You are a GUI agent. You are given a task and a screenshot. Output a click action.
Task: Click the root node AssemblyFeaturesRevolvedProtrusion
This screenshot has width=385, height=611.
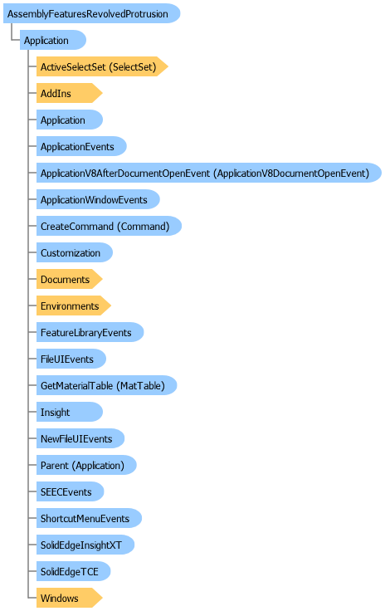pyautogui.click(x=91, y=13)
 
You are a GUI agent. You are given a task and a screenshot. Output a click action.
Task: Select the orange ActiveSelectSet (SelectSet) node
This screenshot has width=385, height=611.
pyautogui.click(x=102, y=66)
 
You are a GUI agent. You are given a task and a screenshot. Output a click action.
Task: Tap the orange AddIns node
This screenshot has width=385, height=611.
pyautogui.click(x=70, y=93)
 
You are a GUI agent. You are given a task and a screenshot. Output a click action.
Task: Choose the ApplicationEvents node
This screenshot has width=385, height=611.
pyautogui.click(x=81, y=146)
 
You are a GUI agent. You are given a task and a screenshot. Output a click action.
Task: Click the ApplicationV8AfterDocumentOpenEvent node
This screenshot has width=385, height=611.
pyautogui.click(x=208, y=173)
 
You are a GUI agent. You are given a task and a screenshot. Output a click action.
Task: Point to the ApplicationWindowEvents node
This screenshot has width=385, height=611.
pyautogui.click(x=98, y=199)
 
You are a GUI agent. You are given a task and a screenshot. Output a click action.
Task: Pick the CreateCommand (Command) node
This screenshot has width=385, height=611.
pyautogui.click(x=109, y=226)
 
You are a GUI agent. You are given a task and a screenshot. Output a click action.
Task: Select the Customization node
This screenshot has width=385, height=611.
pyautogui.click(x=75, y=252)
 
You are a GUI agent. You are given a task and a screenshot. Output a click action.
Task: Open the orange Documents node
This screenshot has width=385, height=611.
pyautogui.click(x=70, y=280)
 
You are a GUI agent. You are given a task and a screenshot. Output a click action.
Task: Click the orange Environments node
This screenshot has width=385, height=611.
pyautogui.click(x=74, y=305)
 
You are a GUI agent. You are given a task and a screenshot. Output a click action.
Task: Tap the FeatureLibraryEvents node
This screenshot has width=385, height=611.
pyautogui.click(x=90, y=332)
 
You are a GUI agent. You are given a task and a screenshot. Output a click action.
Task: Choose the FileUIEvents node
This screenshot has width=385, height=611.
pyautogui.click(x=71, y=359)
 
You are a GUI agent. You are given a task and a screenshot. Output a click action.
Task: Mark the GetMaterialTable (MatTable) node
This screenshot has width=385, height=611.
pyautogui.click(x=106, y=385)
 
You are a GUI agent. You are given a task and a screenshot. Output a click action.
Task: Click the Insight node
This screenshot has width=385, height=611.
pyautogui.click(x=70, y=412)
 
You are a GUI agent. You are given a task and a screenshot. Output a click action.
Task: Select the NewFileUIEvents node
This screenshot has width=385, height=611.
pyautogui.click(x=80, y=438)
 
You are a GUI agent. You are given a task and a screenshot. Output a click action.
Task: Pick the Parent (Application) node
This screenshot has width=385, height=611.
pyautogui.click(x=86, y=465)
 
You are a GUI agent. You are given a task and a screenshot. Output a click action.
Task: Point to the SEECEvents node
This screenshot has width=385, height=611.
pyautogui.click(x=70, y=491)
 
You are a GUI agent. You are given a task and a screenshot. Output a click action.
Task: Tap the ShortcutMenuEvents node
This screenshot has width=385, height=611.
pyautogui.click(x=89, y=518)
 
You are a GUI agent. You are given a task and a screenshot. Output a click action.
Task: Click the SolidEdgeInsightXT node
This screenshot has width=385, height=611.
pyautogui.click(x=85, y=545)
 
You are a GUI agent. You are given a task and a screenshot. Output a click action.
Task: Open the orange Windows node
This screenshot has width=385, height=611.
pyautogui.click(x=70, y=598)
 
